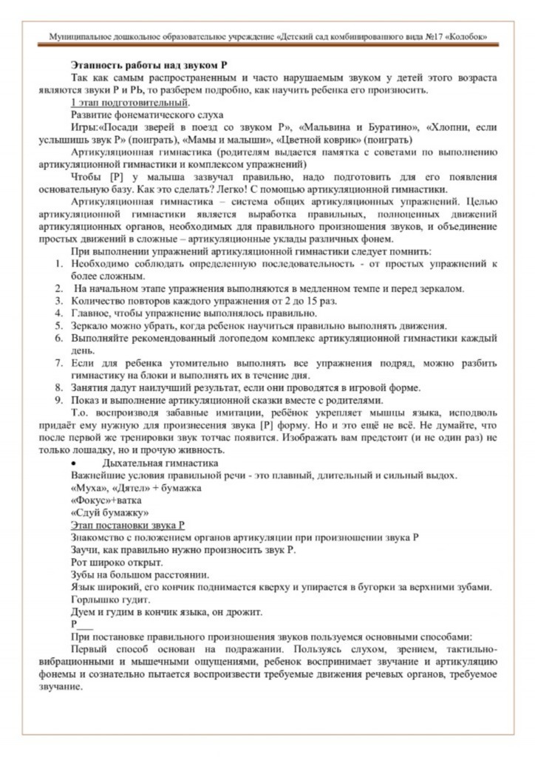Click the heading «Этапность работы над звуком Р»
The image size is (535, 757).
(149, 66)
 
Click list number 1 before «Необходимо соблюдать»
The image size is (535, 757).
(59, 264)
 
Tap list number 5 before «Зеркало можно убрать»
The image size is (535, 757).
(59, 325)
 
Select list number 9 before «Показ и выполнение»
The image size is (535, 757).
(59, 401)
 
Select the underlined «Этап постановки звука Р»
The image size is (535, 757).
(127, 525)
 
